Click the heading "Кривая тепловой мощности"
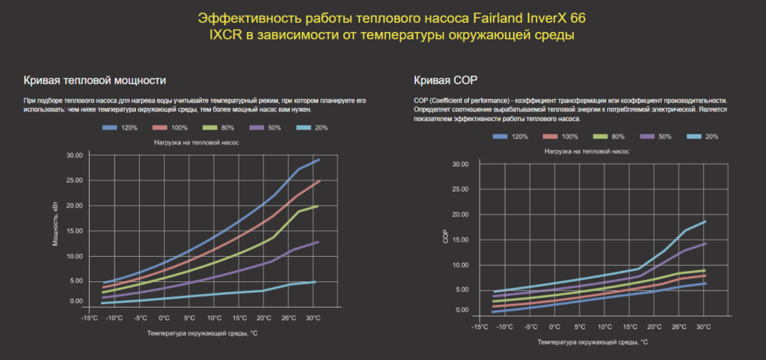(x=94, y=80)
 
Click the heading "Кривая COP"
(x=445, y=80)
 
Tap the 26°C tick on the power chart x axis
(x=288, y=317)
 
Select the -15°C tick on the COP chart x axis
(x=481, y=326)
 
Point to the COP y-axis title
(x=446, y=240)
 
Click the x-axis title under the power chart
(x=202, y=332)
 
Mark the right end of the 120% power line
(x=319, y=159)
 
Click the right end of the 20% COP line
(x=705, y=222)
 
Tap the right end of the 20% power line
(x=316, y=282)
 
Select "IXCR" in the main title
(x=225, y=35)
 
